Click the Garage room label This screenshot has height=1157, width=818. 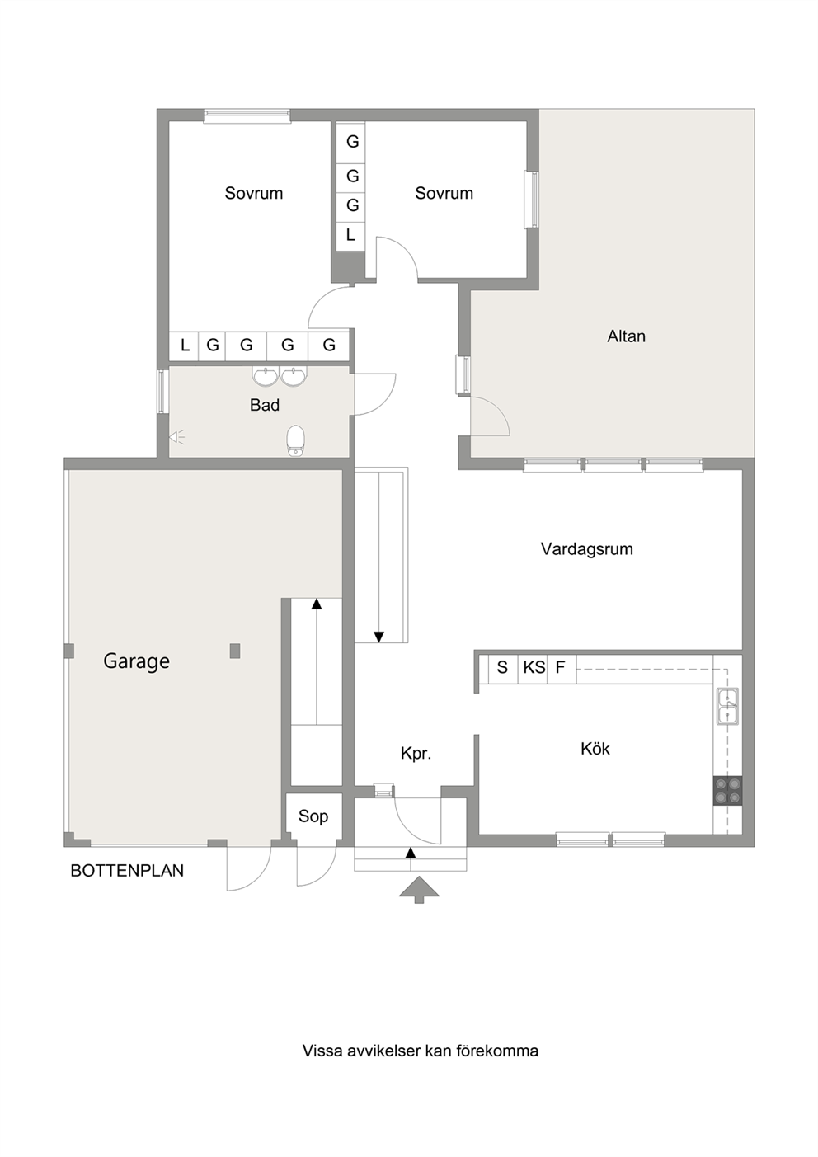pos(136,661)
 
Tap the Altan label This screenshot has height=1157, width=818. pos(626,336)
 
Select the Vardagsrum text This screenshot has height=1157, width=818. pos(586,548)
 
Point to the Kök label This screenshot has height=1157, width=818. pos(595,749)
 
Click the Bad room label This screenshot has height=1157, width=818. pos(265,405)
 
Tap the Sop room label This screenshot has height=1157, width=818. pos(313,816)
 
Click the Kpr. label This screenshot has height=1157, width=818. pos(416,754)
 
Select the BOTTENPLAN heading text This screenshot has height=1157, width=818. pos(127,870)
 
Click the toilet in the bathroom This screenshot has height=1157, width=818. pos(296,440)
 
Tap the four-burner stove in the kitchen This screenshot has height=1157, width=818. pos(727,790)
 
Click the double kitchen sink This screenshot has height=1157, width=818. pos(727,706)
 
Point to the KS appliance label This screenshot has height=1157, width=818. pos(534,667)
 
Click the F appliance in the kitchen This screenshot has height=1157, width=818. pos(562,669)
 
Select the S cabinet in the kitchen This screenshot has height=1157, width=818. pos(503,669)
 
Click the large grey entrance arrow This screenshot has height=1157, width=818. pos(419,890)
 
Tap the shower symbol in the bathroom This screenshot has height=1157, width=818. pos(176,437)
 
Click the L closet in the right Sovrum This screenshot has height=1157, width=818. pos(350,237)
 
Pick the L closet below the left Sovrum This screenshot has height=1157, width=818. pos(185,345)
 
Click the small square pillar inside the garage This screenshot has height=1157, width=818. pos(235,651)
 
